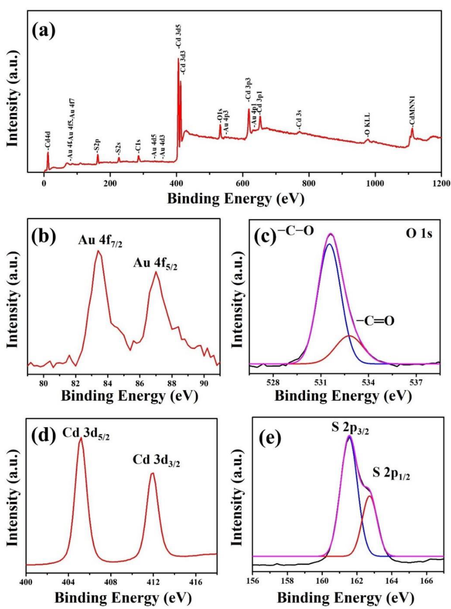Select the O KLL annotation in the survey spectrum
click(367, 125)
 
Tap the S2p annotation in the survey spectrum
click(97, 146)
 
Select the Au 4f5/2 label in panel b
click(155, 264)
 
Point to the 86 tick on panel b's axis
click(140, 383)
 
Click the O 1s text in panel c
click(419, 234)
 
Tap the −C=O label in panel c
click(375, 321)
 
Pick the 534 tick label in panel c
click(368, 383)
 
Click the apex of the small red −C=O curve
click(350, 336)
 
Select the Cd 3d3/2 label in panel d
click(156, 460)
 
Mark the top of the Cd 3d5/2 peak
click(81, 438)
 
